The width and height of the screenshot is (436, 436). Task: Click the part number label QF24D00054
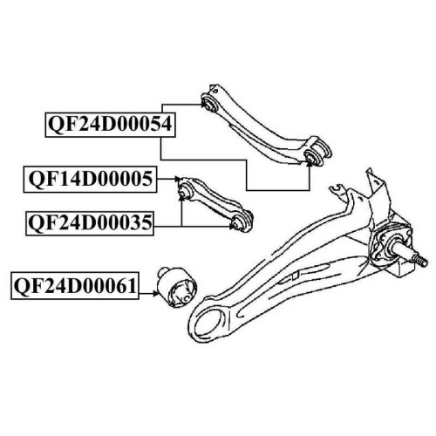[110, 125]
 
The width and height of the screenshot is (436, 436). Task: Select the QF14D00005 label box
[90, 179]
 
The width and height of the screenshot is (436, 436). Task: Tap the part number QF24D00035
[90, 223]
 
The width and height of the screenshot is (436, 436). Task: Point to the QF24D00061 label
[75, 286]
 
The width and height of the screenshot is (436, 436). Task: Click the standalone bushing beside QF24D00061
[177, 288]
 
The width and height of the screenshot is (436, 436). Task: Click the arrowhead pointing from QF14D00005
[177, 179]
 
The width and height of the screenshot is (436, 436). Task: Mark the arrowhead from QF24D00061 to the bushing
[157, 294]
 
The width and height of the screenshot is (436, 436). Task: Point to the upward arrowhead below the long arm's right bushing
[310, 164]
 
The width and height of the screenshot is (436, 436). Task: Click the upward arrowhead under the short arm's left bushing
[181, 198]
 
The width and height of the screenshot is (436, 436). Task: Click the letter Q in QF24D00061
[21, 287]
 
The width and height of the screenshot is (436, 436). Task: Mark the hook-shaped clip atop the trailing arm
[337, 191]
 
